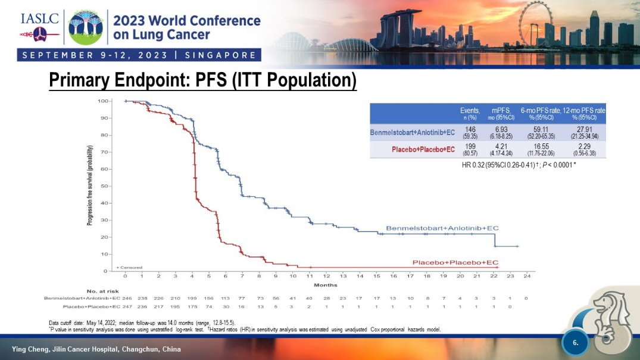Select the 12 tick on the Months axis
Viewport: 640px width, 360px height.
[326, 277]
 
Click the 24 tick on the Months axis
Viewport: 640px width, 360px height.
[527, 277]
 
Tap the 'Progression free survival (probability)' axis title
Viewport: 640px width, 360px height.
[90, 186]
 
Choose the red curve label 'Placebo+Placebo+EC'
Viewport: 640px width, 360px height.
[455, 262]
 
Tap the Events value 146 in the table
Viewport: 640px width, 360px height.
[470, 129]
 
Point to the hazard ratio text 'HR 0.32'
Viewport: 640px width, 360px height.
[473, 164]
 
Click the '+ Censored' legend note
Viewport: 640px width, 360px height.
[129, 267]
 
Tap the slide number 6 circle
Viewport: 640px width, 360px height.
[575, 343]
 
